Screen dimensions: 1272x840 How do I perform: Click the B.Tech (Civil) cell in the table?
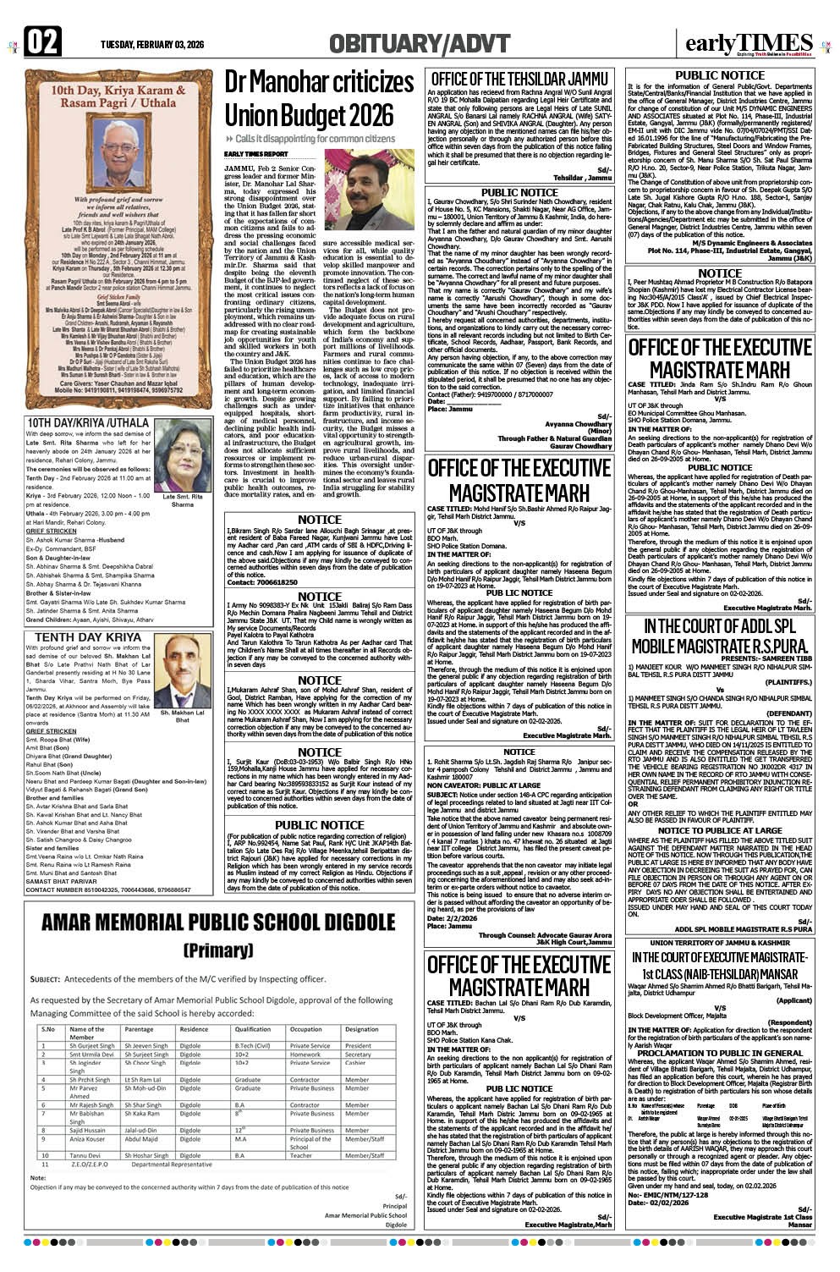pyautogui.click(x=252, y=1045)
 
